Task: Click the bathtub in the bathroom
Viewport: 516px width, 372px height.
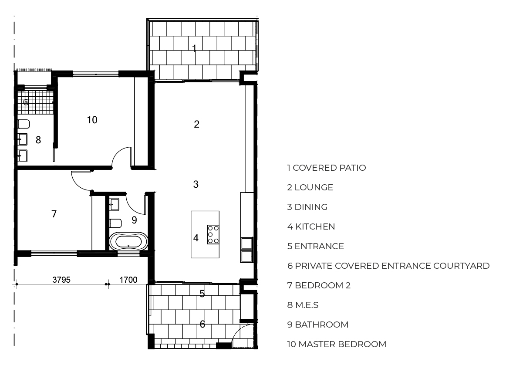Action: [128, 241]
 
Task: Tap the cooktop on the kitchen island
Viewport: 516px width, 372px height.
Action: [213, 234]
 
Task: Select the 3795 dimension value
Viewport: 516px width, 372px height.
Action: [61, 280]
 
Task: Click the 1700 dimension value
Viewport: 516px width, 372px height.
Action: [128, 280]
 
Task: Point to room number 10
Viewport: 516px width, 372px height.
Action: [92, 120]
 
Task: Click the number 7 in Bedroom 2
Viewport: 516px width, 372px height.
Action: [54, 214]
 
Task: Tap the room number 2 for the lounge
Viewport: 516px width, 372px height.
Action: [196, 124]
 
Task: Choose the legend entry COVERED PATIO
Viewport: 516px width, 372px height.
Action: [329, 168]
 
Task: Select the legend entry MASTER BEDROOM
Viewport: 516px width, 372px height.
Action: [342, 345]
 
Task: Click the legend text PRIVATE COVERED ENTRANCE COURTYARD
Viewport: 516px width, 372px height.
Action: [392, 266]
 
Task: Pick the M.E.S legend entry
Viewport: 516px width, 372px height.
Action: [307, 305]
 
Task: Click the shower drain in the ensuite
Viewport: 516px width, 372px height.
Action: [26, 102]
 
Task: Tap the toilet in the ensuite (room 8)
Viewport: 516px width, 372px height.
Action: [24, 124]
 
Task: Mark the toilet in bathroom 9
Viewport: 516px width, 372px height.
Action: [115, 223]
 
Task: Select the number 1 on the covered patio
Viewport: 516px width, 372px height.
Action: [194, 48]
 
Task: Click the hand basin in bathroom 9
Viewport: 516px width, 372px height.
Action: [114, 204]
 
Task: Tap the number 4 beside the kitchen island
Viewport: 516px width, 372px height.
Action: [196, 238]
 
